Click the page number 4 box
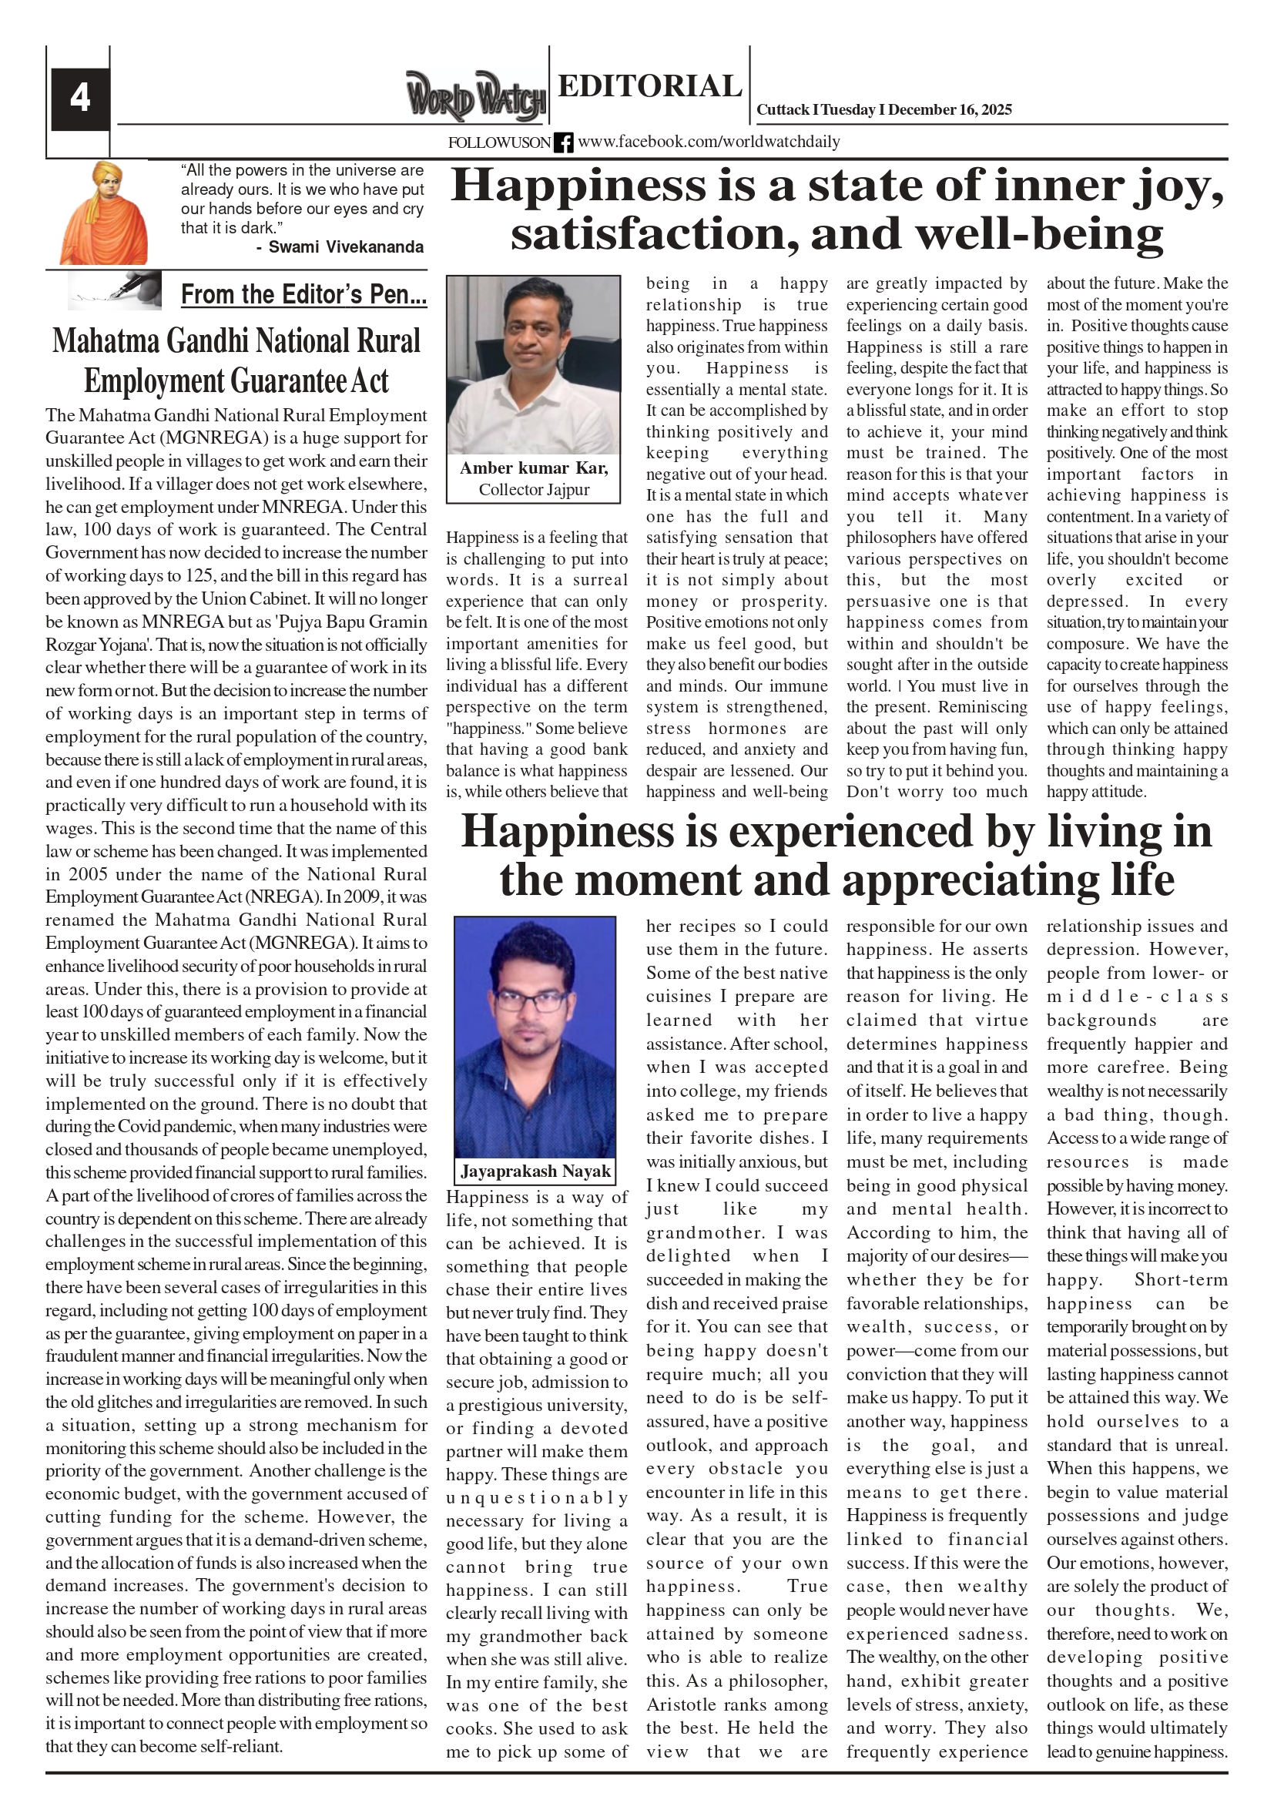[x=80, y=99]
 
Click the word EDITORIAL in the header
[x=649, y=85]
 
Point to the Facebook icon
[x=564, y=142]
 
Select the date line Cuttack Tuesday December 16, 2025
[x=884, y=110]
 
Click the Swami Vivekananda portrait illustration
[x=104, y=213]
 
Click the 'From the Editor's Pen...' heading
[x=303, y=295]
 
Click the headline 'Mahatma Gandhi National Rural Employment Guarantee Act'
[x=236, y=360]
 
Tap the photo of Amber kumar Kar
[x=534, y=364]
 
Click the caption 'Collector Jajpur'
[x=534, y=490]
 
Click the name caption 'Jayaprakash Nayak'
[x=536, y=1171]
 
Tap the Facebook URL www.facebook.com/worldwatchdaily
[x=709, y=142]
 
